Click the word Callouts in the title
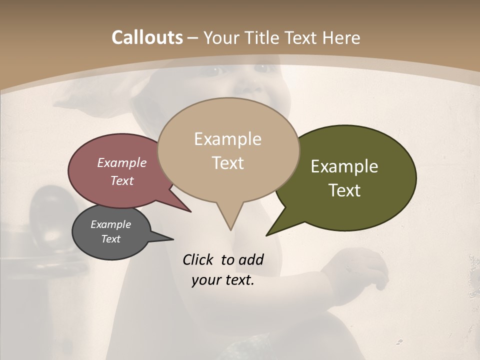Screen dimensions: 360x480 point(147,37)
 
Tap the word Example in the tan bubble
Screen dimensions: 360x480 point(227,139)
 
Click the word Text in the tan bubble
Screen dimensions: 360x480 point(227,163)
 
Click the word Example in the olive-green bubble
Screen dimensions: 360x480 point(344,166)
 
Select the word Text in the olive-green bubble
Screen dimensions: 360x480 point(344,190)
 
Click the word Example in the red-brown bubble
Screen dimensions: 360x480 point(122,162)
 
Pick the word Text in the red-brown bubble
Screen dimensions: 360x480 point(122,180)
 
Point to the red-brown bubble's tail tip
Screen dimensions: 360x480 point(190,211)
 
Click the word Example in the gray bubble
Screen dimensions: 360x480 point(110,224)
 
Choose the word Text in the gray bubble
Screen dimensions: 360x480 point(110,239)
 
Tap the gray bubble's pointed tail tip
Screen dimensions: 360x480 point(173,239)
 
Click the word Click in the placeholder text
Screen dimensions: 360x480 point(199,259)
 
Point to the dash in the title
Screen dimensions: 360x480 point(193,38)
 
